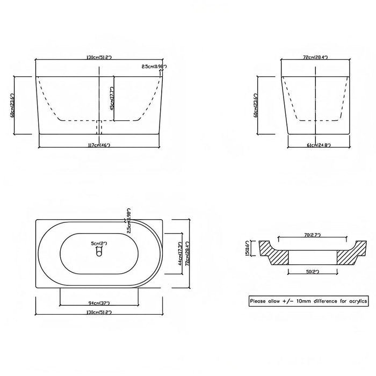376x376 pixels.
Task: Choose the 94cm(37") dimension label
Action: coord(99,303)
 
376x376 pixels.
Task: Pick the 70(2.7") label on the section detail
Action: coord(312,235)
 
